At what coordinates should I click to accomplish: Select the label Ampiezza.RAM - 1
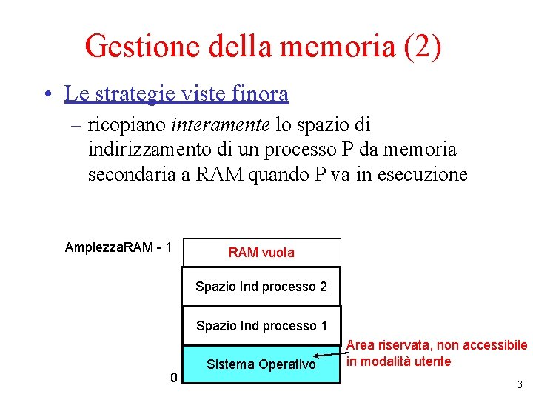118,247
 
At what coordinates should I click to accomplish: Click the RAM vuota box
261,253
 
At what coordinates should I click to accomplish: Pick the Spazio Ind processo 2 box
261,287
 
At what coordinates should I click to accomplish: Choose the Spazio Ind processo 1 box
261,326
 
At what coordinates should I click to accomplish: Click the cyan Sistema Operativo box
261,364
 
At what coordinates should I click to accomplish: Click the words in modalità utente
398,361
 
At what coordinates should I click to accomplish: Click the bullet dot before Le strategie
47,95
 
